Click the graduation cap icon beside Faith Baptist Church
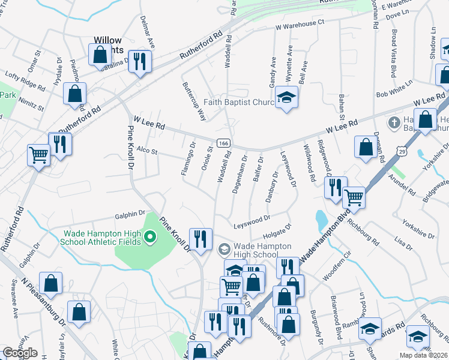(287, 97)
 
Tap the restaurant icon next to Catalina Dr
(140, 61)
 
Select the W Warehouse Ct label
(300, 25)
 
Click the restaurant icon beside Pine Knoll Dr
(200, 239)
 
